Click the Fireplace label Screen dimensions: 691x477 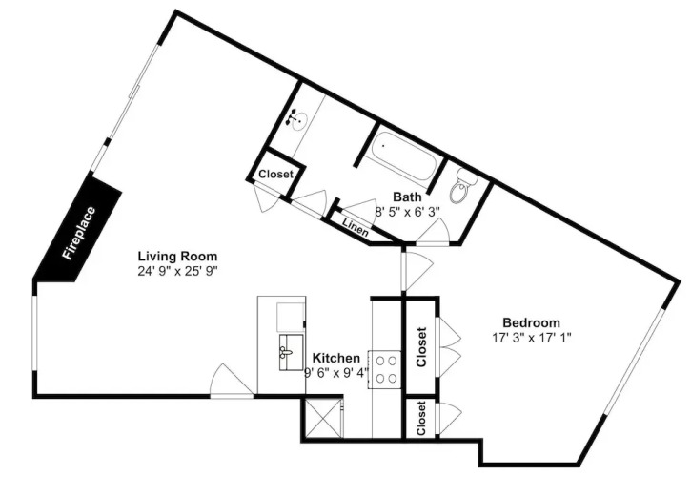(x=79, y=233)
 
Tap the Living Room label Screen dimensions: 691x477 (x=177, y=256)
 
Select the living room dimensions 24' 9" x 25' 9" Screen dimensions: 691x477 (x=178, y=271)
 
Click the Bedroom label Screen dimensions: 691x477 (x=531, y=322)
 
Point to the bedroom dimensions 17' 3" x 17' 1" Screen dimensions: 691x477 (x=532, y=338)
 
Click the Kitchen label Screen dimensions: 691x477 (x=335, y=358)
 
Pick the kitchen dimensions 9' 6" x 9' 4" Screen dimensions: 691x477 (x=336, y=373)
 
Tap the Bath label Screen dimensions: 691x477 (x=407, y=197)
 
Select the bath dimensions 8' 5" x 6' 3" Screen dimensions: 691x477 (x=407, y=212)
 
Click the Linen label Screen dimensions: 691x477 (x=356, y=227)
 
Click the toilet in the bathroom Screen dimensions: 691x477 (x=462, y=187)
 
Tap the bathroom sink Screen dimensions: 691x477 (x=298, y=119)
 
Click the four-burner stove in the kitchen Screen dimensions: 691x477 (x=385, y=370)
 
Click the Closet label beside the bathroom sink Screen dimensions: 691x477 (x=275, y=174)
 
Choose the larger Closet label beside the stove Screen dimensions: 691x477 (x=421, y=347)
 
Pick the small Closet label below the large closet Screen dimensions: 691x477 (x=421, y=418)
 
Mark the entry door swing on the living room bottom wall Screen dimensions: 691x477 (x=231, y=382)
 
